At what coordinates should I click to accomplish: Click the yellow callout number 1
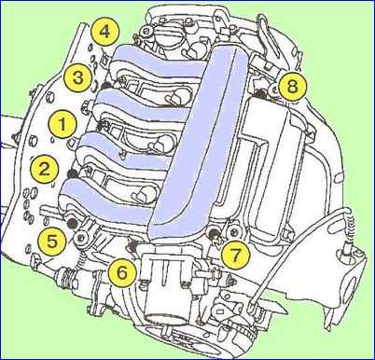coord(62,124)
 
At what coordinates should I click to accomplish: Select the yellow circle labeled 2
coord(44,169)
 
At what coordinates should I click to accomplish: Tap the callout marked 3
coord(78,77)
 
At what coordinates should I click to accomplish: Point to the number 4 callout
coord(105,32)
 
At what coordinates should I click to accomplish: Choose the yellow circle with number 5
coord(52,241)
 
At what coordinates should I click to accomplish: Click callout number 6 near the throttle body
coord(122,272)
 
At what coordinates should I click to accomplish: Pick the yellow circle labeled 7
coord(235,256)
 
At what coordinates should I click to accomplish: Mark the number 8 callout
coord(292,87)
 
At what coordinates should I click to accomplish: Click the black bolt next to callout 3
coord(106,86)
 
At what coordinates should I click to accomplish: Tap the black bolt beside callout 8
coord(260,92)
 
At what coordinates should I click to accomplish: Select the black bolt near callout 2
coord(73,174)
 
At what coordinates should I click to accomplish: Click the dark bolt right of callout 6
coord(132,246)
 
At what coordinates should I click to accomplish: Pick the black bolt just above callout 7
coord(214,231)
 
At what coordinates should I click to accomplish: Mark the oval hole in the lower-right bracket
coord(353,290)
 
